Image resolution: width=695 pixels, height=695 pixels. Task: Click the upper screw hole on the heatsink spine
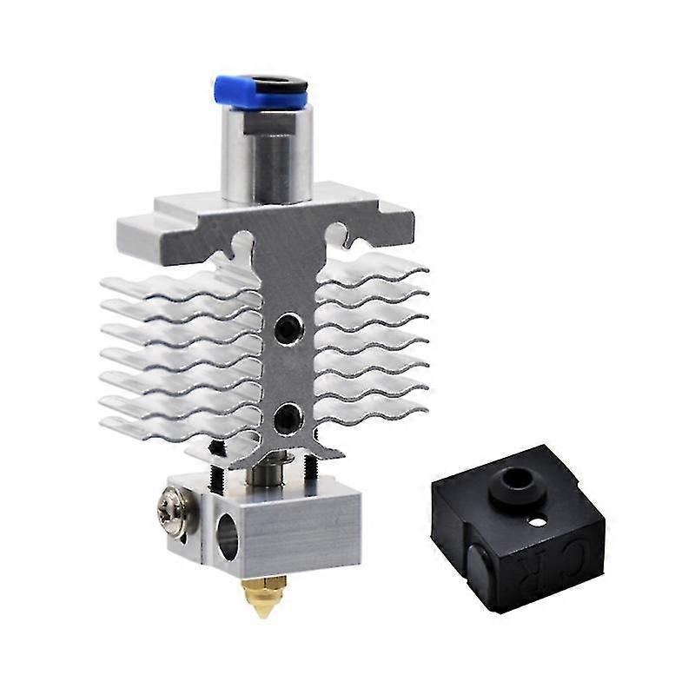(284, 328)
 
